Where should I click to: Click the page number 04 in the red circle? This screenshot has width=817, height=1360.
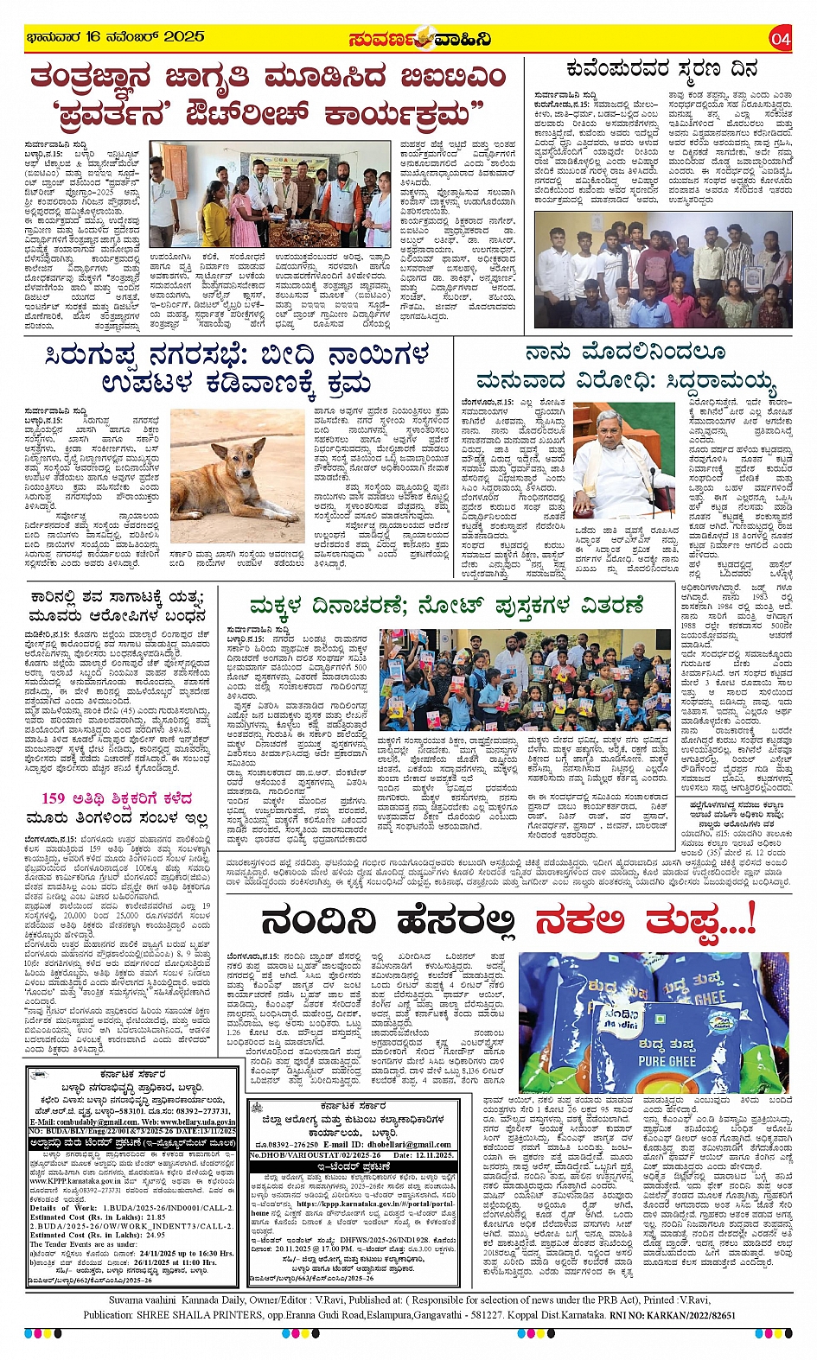[780, 39]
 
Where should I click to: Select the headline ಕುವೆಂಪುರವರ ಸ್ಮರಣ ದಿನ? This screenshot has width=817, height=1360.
[661, 69]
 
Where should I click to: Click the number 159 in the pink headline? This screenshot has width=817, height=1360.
[54, 798]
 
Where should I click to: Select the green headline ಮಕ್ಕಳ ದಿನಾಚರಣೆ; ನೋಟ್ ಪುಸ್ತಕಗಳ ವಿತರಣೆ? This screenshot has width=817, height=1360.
[446, 605]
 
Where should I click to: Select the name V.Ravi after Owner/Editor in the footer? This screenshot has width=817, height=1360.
[312, 1300]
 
